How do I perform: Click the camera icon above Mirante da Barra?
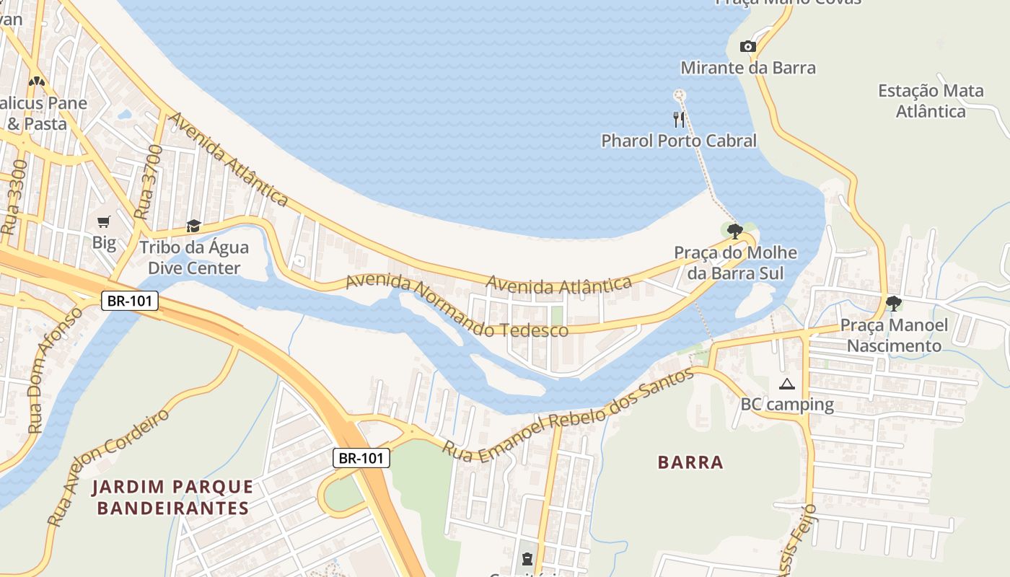coord(748,47)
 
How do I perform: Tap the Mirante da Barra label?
coord(748,68)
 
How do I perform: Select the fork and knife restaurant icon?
coord(678,119)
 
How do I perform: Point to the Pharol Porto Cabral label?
coord(679,141)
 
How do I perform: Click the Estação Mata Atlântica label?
coord(931,101)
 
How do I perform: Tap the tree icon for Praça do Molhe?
coord(735,232)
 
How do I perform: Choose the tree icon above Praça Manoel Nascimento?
coord(894,304)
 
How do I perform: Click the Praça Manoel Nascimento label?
coord(894,335)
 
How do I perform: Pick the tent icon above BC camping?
coord(786,384)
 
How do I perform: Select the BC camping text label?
coord(787,404)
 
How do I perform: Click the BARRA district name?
coord(690,462)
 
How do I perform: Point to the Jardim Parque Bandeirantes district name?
coord(173,498)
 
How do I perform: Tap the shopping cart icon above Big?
coord(104,221)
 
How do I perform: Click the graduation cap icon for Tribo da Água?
coord(193,226)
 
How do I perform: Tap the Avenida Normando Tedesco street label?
coord(457,306)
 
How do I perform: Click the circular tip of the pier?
coord(678,94)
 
